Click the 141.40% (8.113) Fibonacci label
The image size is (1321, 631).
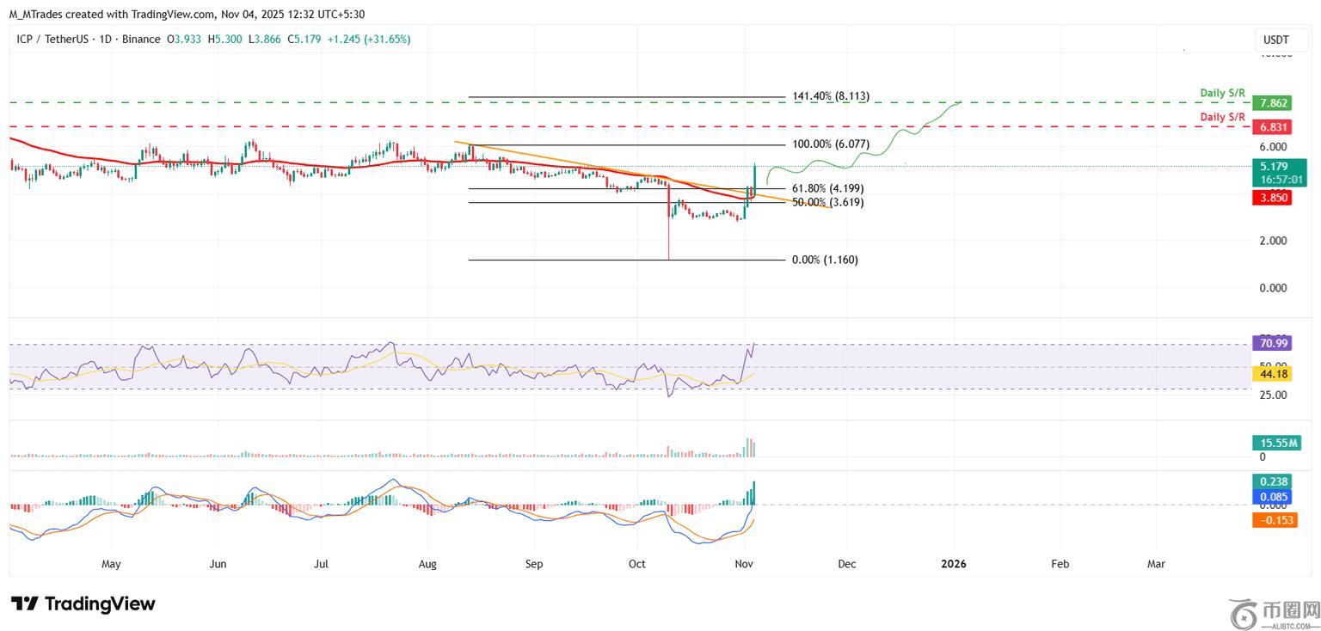tap(831, 97)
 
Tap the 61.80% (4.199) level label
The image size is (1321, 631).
tap(827, 188)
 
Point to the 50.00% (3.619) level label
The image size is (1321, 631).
tap(827, 203)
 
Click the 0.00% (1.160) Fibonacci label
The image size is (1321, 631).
tap(825, 260)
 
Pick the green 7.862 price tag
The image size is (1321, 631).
tap(1273, 103)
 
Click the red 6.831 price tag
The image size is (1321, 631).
tap(1273, 126)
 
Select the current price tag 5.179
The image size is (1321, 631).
tap(1279, 166)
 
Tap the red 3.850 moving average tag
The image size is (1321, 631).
tap(1273, 198)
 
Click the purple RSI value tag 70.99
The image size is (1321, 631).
tap(1273, 344)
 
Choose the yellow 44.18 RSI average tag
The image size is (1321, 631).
tap(1273, 374)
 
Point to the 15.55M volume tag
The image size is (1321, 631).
tap(1279, 443)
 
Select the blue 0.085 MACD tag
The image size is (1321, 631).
tap(1273, 497)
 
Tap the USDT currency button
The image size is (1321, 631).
tap(1275, 40)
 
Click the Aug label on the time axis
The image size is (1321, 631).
tap(427, 564)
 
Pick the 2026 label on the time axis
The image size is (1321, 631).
tap(954, 564)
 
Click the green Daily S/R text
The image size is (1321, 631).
tap(1222, 93)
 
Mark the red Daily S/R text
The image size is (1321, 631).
tap(1222, 117)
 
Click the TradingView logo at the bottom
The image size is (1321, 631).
tap(83, 603)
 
